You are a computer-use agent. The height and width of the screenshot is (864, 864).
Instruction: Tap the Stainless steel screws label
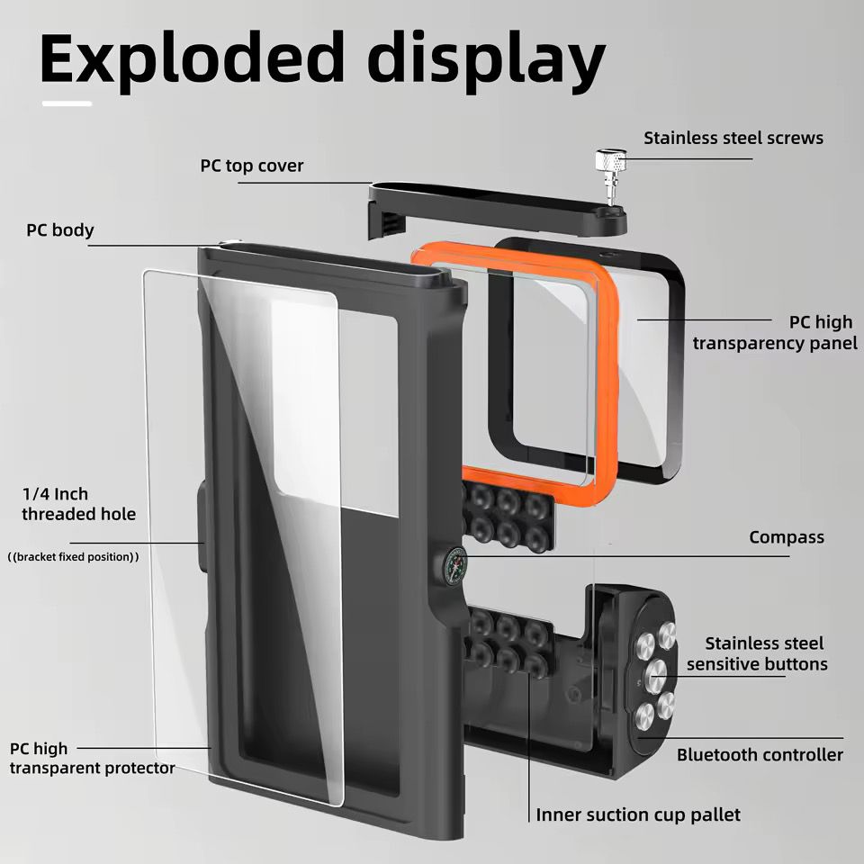pos(733,138)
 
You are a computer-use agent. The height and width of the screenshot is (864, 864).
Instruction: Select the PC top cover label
pos(252,166)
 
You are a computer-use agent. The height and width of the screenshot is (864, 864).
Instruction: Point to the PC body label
pos(59,229)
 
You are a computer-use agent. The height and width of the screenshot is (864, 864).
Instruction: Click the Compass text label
pos(786,537)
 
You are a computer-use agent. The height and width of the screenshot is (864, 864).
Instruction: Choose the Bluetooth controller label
pos(760,754)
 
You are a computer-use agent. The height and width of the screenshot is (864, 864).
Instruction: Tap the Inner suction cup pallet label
pos(638,814)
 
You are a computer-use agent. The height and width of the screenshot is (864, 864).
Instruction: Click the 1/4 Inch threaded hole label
pos(79,504)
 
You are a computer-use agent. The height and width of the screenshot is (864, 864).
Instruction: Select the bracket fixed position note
pos(73,557)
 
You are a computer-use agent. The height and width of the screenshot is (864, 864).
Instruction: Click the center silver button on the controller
pos(657,670)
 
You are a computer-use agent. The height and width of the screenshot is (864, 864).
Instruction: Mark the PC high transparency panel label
pos(775,332)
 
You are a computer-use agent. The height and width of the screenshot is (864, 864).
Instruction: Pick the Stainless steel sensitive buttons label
pos(757,654)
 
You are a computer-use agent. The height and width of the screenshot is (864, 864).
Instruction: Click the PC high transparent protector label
pos(93,758)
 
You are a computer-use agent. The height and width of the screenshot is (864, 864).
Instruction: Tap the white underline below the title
pos(67,103)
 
